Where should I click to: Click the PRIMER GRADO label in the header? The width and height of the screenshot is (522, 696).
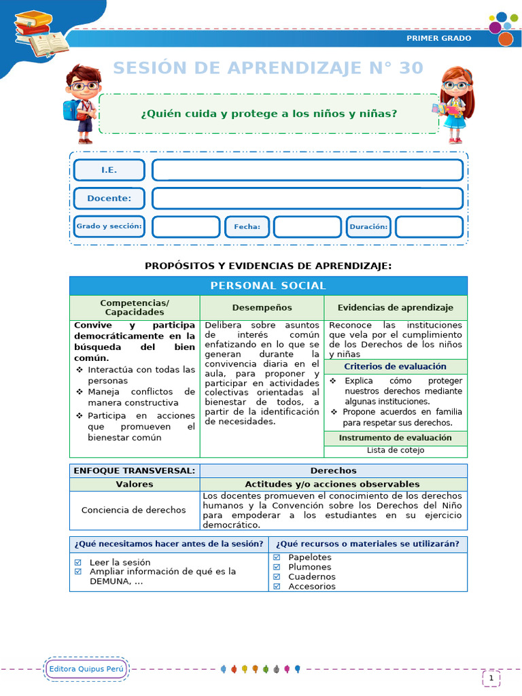click(438, 38)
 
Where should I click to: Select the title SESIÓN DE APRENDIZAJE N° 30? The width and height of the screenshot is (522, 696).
click(268, 68)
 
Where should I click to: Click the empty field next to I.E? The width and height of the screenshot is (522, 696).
click(307, 170)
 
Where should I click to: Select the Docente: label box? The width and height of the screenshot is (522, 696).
click(109, 198)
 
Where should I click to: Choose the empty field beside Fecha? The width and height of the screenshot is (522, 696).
click(307, 227)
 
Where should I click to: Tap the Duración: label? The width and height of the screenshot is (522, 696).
click(368, 227)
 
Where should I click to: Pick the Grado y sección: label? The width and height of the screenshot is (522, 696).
click(109, 226)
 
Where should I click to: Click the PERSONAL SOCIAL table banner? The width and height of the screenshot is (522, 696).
click(268, 286)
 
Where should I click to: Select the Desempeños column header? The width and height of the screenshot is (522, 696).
click(262, 308)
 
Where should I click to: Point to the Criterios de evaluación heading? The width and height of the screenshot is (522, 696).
click(395, 367)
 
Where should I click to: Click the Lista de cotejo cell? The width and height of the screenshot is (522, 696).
click(395, 450)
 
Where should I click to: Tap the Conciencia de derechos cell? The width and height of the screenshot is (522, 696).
click(133, 510)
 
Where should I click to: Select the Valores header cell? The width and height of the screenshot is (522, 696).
click(135, 485)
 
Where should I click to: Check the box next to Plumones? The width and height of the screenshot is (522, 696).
click(277, 567)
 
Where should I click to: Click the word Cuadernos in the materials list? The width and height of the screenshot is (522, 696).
click(311, 576)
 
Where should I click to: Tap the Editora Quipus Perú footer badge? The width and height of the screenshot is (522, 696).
click(86, 669)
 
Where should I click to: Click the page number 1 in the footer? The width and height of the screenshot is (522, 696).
click(491, 678)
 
